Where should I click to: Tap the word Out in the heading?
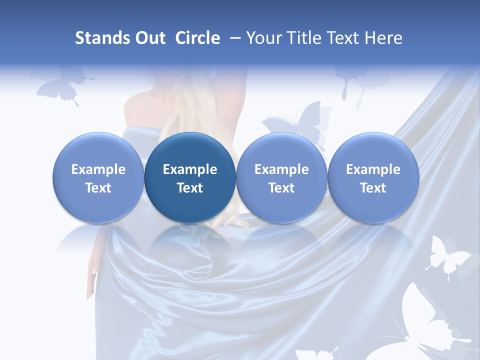(149, 38)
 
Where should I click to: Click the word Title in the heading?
(306, 38)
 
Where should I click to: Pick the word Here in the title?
(383, 38)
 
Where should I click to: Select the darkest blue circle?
(190, 177)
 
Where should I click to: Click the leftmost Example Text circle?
(98, 177)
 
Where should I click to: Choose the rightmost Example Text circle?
(373, 177)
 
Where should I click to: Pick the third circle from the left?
(281, 177)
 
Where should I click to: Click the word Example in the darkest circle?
(190, 169)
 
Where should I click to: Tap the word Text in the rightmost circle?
(373, 188)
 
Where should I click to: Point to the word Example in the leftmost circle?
(98, 169)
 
